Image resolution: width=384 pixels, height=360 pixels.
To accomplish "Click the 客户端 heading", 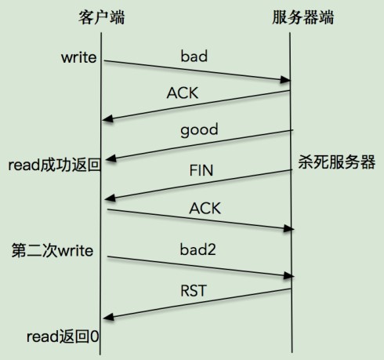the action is point(102,17).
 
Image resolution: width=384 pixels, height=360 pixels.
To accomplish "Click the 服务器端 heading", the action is point(303,17).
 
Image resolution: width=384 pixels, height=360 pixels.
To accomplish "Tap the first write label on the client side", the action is point(79,57).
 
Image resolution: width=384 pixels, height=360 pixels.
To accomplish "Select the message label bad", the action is point(194,56).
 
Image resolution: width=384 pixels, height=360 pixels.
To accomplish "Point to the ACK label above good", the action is point(183,93).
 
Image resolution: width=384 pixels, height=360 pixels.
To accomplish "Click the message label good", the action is point(199,130).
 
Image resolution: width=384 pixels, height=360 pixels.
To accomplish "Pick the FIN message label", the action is point(201,170).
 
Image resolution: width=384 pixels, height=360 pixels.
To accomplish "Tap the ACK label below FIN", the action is point(205,209).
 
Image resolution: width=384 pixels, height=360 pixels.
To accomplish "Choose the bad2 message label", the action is point(197,249).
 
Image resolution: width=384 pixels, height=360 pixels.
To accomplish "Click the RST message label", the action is point(194,291).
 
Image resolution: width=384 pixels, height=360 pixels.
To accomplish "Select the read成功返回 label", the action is point(55,165).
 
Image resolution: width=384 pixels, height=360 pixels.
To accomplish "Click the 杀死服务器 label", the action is point(337,162).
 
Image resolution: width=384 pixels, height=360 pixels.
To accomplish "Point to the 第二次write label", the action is point(53,250).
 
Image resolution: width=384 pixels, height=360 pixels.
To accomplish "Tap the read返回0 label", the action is point(63,336).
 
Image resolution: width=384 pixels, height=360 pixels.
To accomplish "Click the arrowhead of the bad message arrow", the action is point(285,79).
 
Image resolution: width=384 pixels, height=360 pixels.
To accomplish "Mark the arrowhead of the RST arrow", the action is point(108,317).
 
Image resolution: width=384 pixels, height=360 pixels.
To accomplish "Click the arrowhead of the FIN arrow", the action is point(110,198).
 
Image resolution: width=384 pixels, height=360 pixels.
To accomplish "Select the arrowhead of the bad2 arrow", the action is point(288,275).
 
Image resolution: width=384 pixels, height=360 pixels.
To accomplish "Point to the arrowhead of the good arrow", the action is point(111,158).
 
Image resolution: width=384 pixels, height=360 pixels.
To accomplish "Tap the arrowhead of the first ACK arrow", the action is point(107,118).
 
